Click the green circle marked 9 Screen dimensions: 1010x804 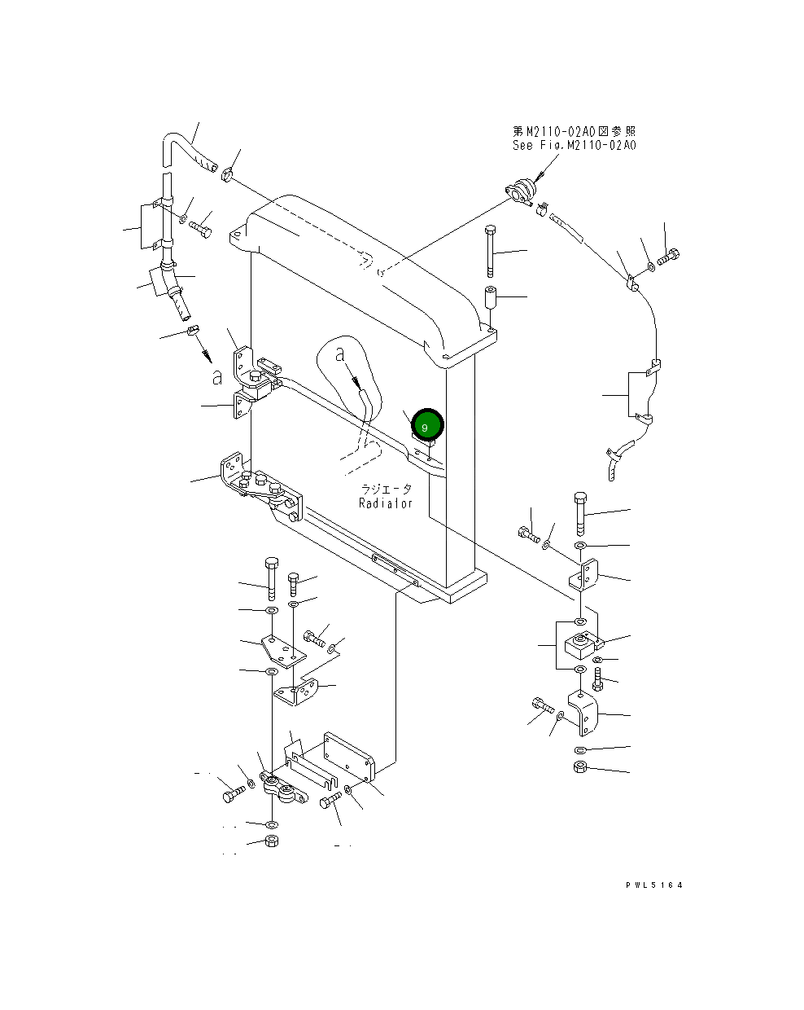pos(427,425)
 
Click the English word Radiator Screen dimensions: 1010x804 pos(386,503)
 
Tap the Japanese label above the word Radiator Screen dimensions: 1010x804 pos(387,489)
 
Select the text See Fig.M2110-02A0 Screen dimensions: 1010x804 pos(574,145)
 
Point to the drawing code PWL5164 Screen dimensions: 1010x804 pos(653,885)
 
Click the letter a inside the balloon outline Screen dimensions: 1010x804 pos(341,354)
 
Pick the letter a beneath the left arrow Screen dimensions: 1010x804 pos(216,376)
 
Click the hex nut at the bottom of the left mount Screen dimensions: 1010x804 pos(273,841)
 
